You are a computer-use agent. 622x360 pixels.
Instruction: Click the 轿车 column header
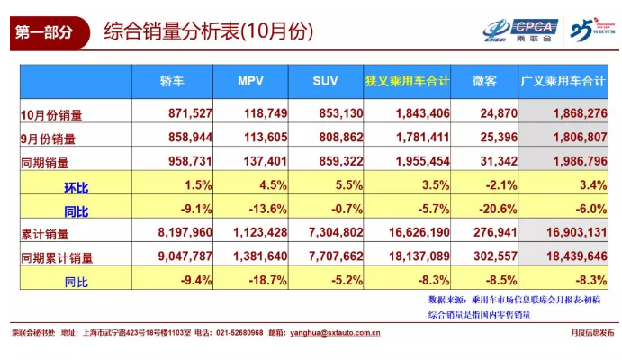[171, 82]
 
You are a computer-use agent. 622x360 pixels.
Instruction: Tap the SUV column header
[325, 82]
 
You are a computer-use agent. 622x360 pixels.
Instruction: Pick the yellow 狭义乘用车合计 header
[407, 82]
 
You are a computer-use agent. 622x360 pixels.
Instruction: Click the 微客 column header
[485, 82]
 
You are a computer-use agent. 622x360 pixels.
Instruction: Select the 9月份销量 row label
[50, 139]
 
